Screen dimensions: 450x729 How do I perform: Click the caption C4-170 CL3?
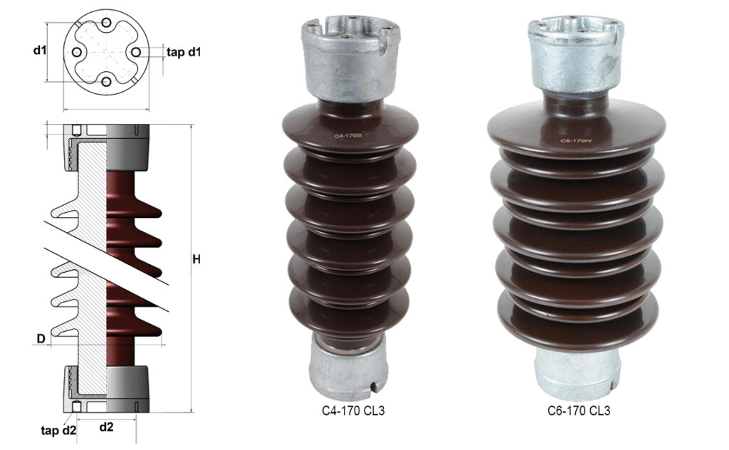(349, 411)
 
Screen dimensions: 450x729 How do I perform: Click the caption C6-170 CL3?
(578, 411)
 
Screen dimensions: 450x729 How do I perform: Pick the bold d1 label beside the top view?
(39, 51)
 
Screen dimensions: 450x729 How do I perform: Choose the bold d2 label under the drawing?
(106, 427)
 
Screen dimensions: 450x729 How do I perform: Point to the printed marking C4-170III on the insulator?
(350, 133)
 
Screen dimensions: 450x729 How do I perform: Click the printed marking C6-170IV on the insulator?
(576, 141)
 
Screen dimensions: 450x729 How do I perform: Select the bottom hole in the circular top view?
(106, 82)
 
